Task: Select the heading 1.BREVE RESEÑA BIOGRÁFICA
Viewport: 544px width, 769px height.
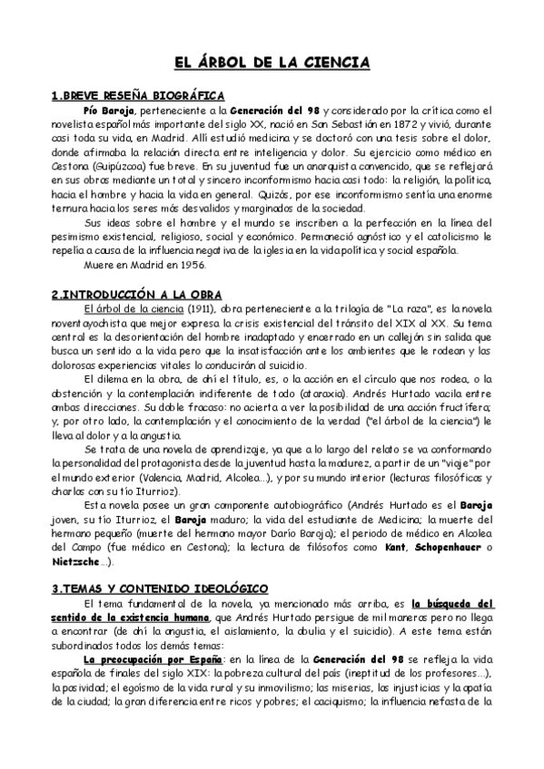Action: pos(138,95)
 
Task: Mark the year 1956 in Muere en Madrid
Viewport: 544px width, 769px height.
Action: pos(194,266)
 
